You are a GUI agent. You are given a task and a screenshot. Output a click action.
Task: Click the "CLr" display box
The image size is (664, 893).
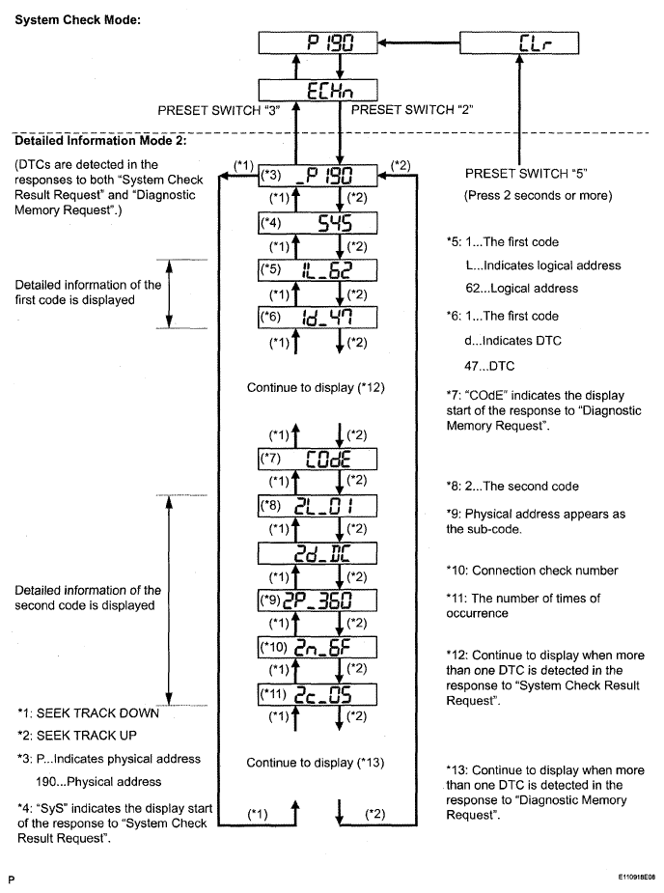[x=519, y=43]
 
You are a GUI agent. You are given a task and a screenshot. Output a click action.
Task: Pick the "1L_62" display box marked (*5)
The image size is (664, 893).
[x=317, y=269]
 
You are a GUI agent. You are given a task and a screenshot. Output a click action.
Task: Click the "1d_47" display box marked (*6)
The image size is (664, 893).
[x=317, y=315]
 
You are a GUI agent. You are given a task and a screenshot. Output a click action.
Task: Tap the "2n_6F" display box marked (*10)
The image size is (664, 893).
[x=317, y=648]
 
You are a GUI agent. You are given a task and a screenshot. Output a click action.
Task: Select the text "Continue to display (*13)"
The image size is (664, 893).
[x=317, y=763]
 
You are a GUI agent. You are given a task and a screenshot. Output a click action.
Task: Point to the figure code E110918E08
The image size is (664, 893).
[x=627, y=879]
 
